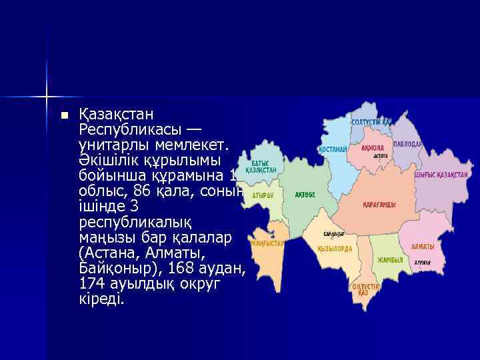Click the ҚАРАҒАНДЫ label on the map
tap(379, 205)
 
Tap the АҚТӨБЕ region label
tap(305, 195)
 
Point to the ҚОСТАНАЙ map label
tap(333, 149)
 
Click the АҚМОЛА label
tap(372, 148)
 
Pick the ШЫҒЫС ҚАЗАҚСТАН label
tap(440, 175)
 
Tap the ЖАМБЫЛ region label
tap(391, 259)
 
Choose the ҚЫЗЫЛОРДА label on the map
tap(335, 248)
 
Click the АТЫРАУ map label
tap(263, 195)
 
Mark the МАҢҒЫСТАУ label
tap(267, 243)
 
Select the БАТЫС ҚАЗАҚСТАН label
tap(261, 167)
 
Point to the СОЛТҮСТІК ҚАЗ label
tap(371, 122)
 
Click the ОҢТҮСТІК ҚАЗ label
tap(365, 289)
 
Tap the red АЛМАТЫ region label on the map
tap(423, 246)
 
